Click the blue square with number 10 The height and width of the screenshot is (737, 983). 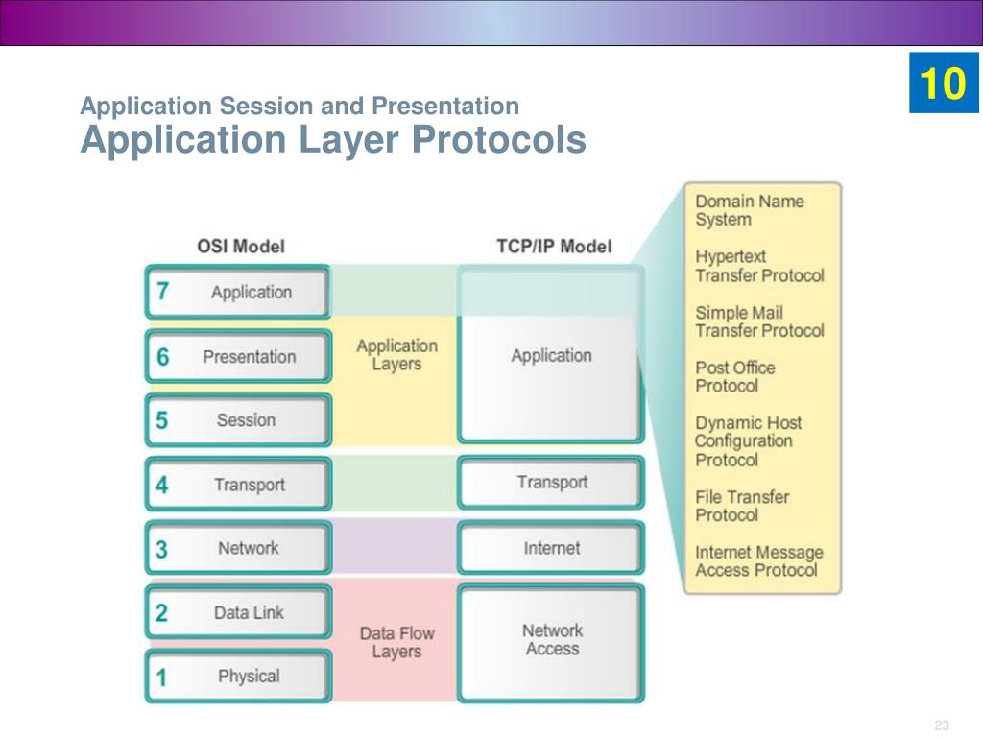click(x=945, y=83)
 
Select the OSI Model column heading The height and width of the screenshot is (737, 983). click(x=241, y=247)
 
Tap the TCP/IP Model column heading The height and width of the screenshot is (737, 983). click(x=554, y=247)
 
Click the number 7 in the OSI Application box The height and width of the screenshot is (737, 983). click(x=162, y=291)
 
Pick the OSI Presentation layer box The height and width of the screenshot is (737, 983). click(x=238, y=356)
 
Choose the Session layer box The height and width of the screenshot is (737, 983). click(x=238, y=420)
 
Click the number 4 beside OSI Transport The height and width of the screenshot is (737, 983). click(x=161, y=485)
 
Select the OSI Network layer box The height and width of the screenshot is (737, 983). click(x=238, y=548)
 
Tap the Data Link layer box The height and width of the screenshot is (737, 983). click(x=238, y=612)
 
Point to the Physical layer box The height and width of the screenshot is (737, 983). click(x=238, y=676)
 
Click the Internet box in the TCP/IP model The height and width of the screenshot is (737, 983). click(x=551, y=548)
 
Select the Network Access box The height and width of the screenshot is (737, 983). click(x=551, y=643)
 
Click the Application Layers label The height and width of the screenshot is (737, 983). click(x=396, y=355)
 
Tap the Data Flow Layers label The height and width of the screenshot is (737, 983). click(x=396, y=642)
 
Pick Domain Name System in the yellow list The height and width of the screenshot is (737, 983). click(x=750, y=210)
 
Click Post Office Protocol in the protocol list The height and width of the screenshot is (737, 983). click(x=735, y=376)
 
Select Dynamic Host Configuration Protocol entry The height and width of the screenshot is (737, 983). click(x=749, y=441)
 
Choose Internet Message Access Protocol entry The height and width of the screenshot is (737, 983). click(x=759, y=560)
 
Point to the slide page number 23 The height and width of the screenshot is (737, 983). click(x=942, y=725)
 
